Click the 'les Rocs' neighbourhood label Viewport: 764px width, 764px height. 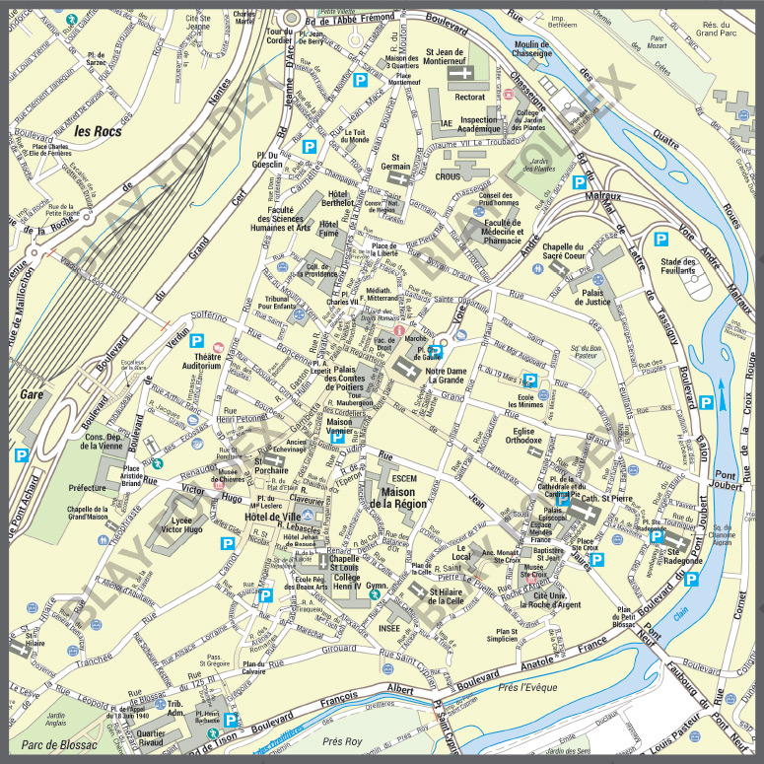pos(97,130)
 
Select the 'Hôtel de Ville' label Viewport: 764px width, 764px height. pos(269,517)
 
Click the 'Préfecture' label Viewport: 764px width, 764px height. pos(87,487)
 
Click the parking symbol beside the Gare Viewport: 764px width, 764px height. pos(22,455)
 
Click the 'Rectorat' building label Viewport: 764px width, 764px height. pos(469,97)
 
